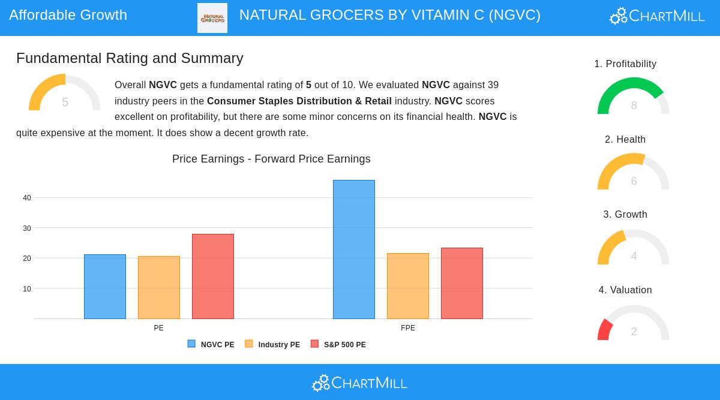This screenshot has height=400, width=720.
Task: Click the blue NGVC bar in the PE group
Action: tap(105, 287)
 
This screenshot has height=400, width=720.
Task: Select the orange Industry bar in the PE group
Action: tap(159, 288)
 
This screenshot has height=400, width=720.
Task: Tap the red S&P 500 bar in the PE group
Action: tap(213, 276)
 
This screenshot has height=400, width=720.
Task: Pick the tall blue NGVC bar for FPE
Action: tap(354, 249)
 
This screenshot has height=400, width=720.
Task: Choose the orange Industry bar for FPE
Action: tap(408, 286)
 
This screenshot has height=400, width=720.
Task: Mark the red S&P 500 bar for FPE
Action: tap(462, 283)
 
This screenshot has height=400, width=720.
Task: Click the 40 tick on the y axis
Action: tap(27, 198)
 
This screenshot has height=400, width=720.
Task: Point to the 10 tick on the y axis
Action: tap(27, 289)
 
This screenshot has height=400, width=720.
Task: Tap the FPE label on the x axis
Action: tap(408, 328)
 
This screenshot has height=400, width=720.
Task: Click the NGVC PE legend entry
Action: tap(211, 345)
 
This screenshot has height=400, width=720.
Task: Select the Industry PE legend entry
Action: tap(273, 345)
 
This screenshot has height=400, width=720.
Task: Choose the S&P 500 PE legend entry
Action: tap(338, 345)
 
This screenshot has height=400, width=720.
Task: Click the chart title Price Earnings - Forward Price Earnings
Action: tap(271, 159)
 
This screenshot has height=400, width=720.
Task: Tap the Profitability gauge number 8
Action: tap(634, 106)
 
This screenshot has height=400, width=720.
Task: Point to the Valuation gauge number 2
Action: tap(634, 332)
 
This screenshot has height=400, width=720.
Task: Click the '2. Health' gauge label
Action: tap(625, 140)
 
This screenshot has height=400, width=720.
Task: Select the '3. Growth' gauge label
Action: tap(625, 215)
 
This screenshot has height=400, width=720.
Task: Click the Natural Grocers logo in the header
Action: tap(212, 18)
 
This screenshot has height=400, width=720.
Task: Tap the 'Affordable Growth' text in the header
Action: tap(68, 15)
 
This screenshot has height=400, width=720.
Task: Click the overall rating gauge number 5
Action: tap(65, 103)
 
